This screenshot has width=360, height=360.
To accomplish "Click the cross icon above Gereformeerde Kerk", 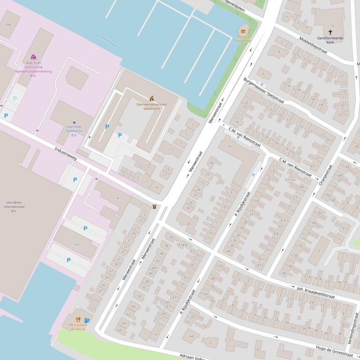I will click(330, 32).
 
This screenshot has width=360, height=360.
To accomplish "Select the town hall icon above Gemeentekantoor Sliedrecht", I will click(151, 98).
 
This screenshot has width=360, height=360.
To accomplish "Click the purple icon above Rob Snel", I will click(33, 57).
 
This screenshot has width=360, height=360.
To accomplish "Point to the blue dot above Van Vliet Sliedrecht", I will click(74, 122).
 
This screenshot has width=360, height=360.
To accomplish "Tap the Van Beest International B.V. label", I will click(14, 207).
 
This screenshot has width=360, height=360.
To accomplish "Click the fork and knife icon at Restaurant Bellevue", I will click(78, 320).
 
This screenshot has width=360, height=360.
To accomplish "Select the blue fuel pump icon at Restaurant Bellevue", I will click(87, 320).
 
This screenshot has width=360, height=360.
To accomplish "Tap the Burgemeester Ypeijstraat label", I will click(264, 91).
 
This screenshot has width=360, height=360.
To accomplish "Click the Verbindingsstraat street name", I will click(355, 332).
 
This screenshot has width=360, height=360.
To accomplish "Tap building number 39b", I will click(8, 24).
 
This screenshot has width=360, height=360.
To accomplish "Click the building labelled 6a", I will click(77, 244).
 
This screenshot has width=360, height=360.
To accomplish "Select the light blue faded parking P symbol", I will click(15, 99).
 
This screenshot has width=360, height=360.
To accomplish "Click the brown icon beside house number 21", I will click(154, 207).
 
